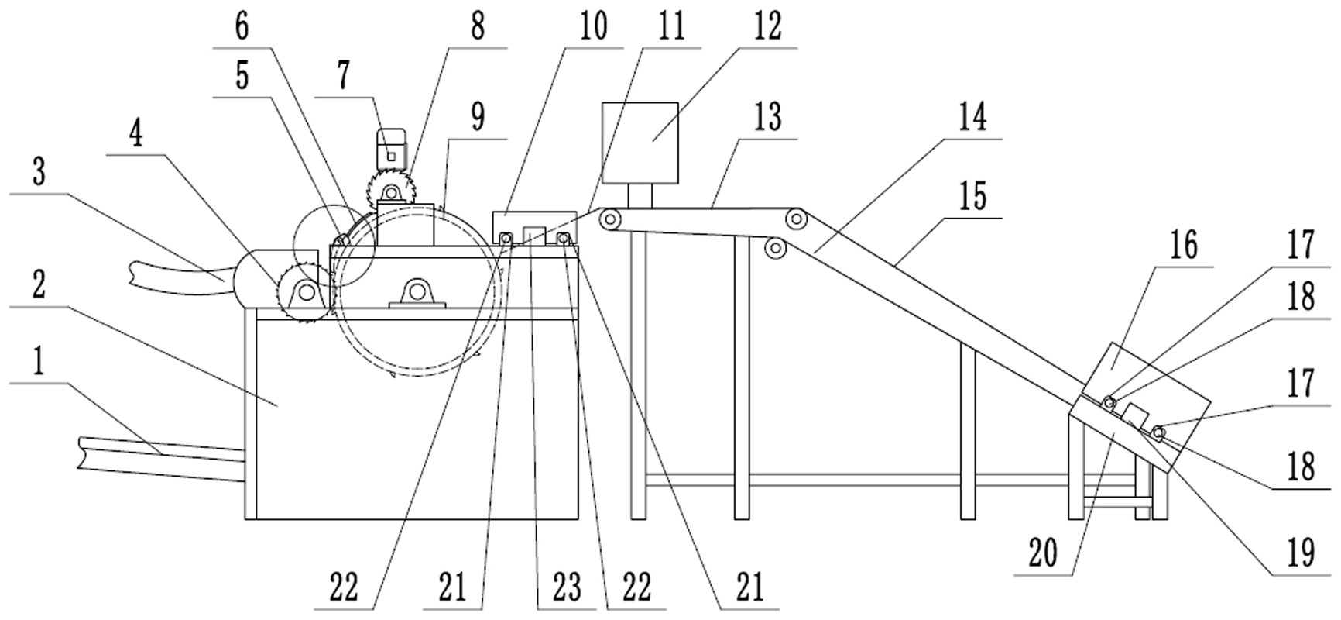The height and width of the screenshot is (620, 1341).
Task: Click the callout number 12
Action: [x=766, y=26]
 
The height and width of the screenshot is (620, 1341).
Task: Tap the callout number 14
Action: [x=972, y=119]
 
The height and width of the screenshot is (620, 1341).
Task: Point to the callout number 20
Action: [x=1043, y=555]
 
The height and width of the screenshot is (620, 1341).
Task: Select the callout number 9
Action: [x=478, y=117]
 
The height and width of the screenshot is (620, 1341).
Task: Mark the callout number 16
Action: [x=1183, y=246]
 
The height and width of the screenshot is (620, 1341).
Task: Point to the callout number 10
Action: [x=593, y=26]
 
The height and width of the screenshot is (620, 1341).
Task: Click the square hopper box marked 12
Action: [x=640, y=143]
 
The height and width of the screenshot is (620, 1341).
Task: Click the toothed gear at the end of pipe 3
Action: [x=306, y=291]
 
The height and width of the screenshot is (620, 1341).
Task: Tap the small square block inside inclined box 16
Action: [x=1135, y=415]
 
